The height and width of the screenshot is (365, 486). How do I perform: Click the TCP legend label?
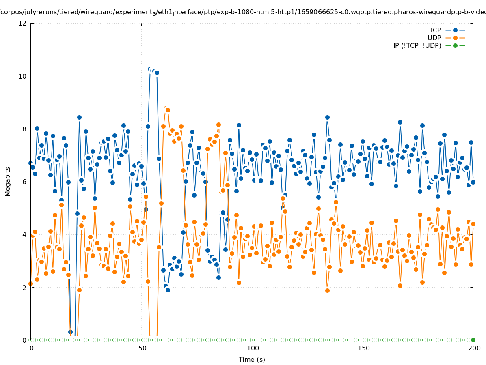[435, 30]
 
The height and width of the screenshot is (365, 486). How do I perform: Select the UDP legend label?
[434, 38]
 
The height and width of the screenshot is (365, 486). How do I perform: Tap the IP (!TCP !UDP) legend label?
[417, 46]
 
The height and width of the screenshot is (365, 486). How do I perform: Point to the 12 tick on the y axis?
[23, 24]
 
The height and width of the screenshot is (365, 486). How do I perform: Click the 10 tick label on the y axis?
[23, 76]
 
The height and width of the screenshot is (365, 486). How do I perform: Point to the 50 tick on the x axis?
[142, 348]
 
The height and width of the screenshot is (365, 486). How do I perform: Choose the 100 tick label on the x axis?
[253, 348]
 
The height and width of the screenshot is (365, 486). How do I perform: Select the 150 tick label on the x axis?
[363, 348]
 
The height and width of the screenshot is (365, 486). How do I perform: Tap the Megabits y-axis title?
[8, 181]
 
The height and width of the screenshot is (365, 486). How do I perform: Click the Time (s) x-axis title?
[252, 360]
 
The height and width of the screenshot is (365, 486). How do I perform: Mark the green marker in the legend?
[455, 45]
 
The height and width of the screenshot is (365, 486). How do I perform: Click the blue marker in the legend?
[455, 30]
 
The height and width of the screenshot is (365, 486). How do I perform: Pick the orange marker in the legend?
[455, 38]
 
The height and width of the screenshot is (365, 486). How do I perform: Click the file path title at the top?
[243, 12]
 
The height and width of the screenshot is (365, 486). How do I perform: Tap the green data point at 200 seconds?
[473, 340]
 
